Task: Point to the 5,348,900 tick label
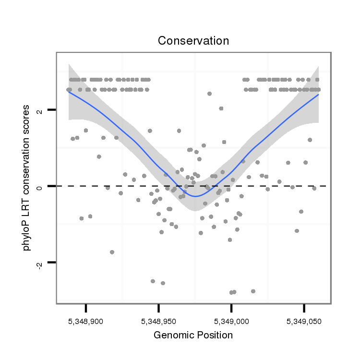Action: [86, 320]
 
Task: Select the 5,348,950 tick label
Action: [158, 320]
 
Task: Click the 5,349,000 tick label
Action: [231, 320]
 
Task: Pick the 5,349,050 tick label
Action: [304, 320]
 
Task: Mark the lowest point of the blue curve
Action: [195, 196]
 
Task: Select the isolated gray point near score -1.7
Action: [112, 252]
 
